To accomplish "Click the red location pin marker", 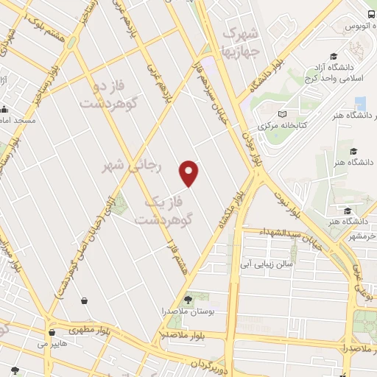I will click(189, 172).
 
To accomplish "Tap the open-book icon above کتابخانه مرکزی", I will click(283, 114).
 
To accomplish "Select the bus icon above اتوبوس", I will click(370, 14).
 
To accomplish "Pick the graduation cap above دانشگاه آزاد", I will click(334, 57).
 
